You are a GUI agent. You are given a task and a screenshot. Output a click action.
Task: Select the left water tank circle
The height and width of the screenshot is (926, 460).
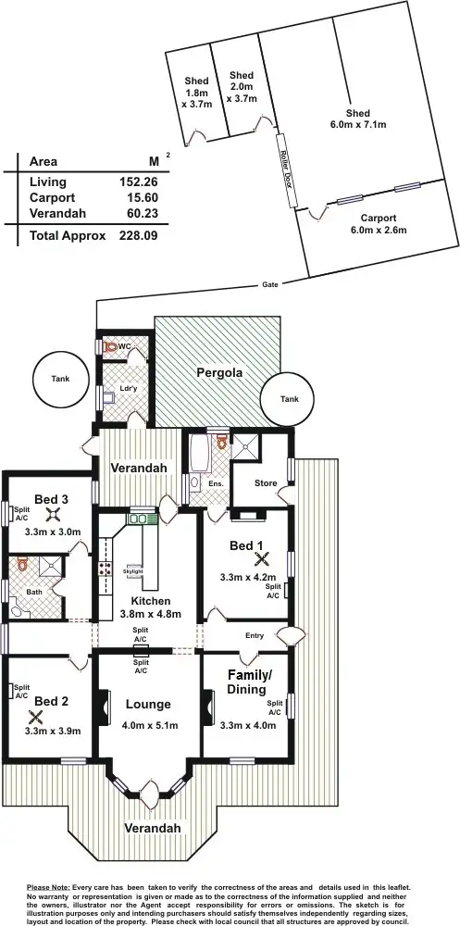tap(59, 380)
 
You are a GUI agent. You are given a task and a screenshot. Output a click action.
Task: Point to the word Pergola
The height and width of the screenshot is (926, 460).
tap(218, 373)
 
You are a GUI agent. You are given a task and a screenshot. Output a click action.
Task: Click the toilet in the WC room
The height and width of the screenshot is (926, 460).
tap(110, 346)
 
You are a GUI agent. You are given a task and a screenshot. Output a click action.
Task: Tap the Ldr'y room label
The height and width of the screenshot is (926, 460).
tap(129, 389)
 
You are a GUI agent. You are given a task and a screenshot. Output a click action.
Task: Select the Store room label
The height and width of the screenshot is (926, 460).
tap(265, 483)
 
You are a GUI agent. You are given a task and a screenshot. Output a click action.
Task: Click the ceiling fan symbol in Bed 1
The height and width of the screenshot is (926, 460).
tap(262, 558)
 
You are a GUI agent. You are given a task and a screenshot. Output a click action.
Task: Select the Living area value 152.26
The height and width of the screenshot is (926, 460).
tap(138, 182)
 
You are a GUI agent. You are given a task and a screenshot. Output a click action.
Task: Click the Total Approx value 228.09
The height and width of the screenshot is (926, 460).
tap(138, 235)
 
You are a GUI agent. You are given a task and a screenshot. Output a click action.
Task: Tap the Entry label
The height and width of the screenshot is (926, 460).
tap(255, 635)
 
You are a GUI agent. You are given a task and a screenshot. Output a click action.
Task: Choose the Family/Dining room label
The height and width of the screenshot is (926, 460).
tap(249, 682)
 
